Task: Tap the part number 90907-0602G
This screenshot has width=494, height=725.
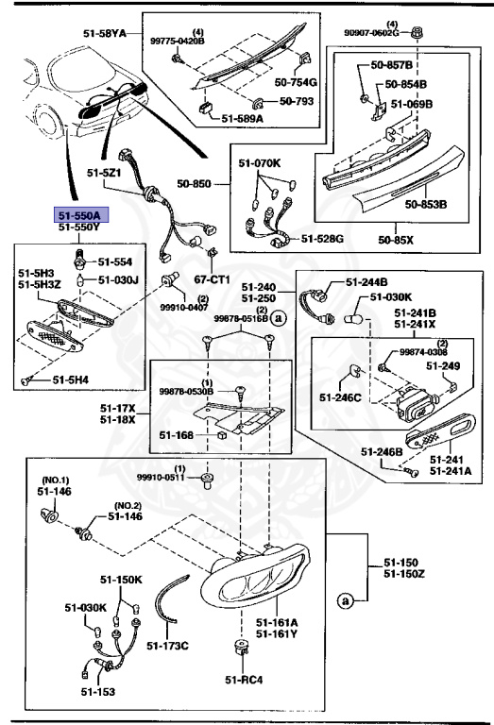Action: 389,33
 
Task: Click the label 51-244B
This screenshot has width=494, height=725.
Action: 366,281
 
